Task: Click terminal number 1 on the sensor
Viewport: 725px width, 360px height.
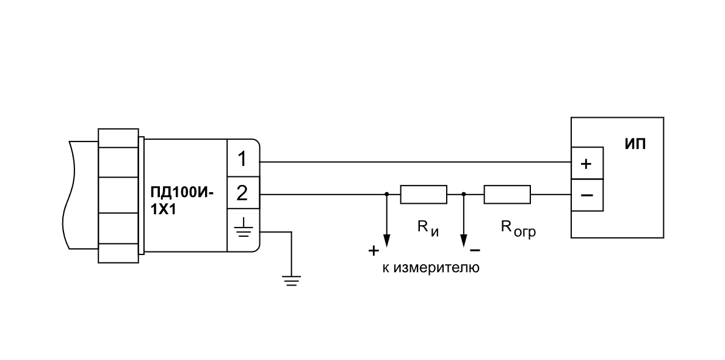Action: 242,160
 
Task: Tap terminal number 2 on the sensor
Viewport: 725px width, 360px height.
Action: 242,193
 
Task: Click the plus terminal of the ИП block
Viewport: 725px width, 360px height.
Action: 586,163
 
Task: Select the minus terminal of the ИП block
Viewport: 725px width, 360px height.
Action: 586,195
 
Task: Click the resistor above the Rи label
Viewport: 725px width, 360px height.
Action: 424,195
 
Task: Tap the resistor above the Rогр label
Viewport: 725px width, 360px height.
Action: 507,195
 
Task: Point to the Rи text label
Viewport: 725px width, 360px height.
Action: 428,228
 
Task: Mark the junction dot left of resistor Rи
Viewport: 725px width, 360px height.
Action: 386,195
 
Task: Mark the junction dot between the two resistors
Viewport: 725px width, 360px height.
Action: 464,195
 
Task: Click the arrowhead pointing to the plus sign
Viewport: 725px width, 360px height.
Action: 386,240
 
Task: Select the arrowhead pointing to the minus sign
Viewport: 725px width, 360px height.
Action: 464,240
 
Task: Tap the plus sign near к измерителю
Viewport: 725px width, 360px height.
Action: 373,251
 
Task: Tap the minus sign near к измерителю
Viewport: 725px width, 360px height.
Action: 475,250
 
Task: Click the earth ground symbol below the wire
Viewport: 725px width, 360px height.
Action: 292,281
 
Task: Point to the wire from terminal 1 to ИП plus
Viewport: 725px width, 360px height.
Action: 415,162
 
